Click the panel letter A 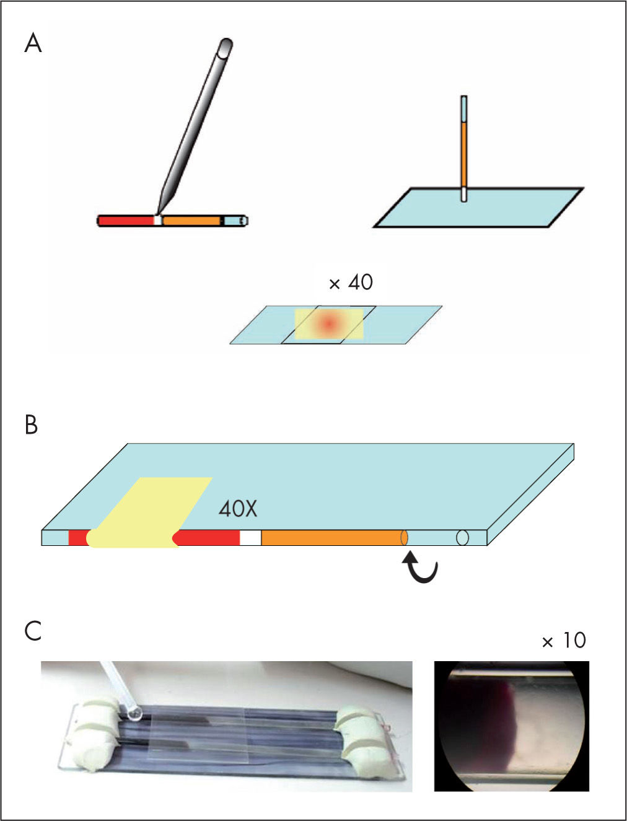point(33,45)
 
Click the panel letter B point(31,426)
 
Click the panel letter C point(33,631)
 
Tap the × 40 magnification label point(351,283)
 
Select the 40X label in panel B point(237,509)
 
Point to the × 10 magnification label point(563,640)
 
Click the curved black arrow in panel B point(421,568)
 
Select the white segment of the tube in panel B point(250,538)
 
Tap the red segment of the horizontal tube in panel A point(126,220)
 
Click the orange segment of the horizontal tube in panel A point(191,220)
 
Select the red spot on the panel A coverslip point(328,323)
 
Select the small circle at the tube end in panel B point(462,538)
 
